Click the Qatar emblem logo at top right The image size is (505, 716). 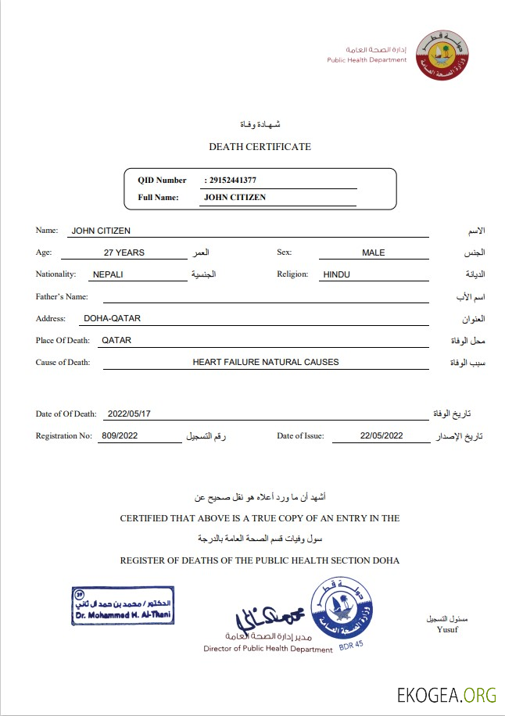coord(442,55)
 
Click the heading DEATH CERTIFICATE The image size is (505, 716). coord(260,147)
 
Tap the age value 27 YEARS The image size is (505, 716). coord(124,252)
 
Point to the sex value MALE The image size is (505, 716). coord(373,252)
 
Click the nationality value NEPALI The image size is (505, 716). coord(109,274)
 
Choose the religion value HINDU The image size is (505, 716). coord(336,274)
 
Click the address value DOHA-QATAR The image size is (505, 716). coord(112,318)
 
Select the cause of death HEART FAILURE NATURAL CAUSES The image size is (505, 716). coord(266,362)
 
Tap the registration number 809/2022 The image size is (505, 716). coord(120,436)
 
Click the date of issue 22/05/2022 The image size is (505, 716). coord(381,436)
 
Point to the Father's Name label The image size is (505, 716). coord(62,296)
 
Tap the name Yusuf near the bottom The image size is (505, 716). coord(447,629)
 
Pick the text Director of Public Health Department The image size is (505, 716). coord(268,649)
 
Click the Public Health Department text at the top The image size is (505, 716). coord(367,60)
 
